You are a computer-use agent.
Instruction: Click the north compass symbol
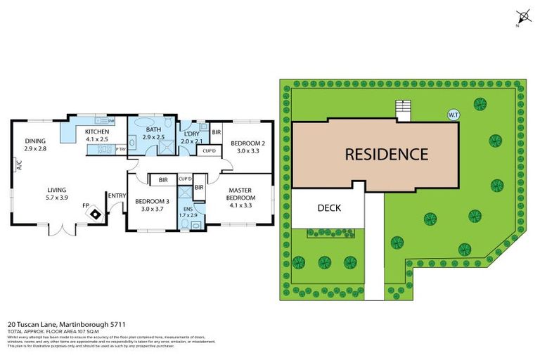coord(522,18)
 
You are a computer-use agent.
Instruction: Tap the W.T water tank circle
coord(453,115)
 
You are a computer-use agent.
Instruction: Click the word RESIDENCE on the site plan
coord(386,154)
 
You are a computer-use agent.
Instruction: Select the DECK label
coord(328,207)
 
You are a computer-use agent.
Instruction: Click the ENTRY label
coord(116,195)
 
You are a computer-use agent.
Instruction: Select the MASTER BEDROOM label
coord(240,194)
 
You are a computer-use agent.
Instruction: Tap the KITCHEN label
coord(96,132)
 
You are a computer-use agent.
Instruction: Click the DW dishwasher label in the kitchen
coord(111,120)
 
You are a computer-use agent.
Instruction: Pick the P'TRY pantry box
coord(120,149)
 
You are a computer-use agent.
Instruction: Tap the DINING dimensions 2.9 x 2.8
coord(34,148)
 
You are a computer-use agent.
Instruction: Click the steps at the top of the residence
coord(403,111)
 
